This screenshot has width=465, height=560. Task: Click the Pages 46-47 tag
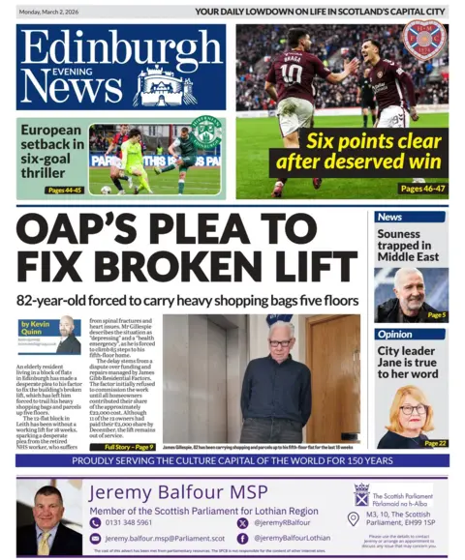coord(422,189)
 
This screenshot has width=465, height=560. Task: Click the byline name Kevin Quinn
coord(34,327)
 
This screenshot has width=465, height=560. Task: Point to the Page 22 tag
coord(434,442)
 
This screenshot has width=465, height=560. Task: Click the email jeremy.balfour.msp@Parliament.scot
coord(164,538)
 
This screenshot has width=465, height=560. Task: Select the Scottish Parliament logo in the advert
coord(361,495)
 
